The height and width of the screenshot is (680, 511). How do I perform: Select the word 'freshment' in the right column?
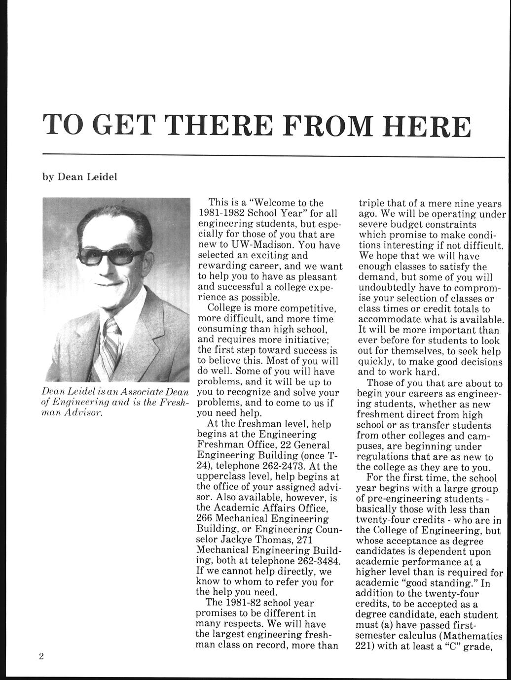[x=382, y=415]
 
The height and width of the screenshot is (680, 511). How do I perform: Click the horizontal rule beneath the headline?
[x=274, y=156]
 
